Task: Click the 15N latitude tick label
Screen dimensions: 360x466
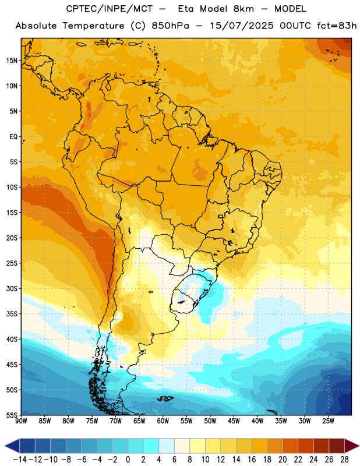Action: [x=12, y=61]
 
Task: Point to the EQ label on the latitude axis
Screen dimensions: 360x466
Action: [x=13, y=137]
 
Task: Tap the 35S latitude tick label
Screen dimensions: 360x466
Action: [x=12, y=314]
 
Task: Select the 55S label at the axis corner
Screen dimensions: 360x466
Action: [x=12, y=415]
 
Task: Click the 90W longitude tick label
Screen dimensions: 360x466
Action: [x=21, y=421]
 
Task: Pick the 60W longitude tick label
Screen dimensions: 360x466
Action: [x=163, y=421]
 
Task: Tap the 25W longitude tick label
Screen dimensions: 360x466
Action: [x=328, y=421]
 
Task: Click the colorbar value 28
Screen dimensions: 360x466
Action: [x=344, y=460]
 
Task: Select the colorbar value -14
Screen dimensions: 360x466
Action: [x=20, y=460]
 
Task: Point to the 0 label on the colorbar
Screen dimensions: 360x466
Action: [x=128, y=460]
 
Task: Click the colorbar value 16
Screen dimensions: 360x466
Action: [x=252, y=460]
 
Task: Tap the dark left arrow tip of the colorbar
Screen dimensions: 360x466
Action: [x=5, y=446]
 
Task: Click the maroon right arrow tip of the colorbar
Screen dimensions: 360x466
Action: [x=358, y=446]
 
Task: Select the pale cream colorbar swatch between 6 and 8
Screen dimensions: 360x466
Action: [x=182, y=446]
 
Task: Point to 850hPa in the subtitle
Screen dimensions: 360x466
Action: [x=170, y=26]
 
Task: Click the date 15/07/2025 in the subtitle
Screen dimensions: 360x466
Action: [x=241, y=26]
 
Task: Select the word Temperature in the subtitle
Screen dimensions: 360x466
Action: [x=93, y=26]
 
